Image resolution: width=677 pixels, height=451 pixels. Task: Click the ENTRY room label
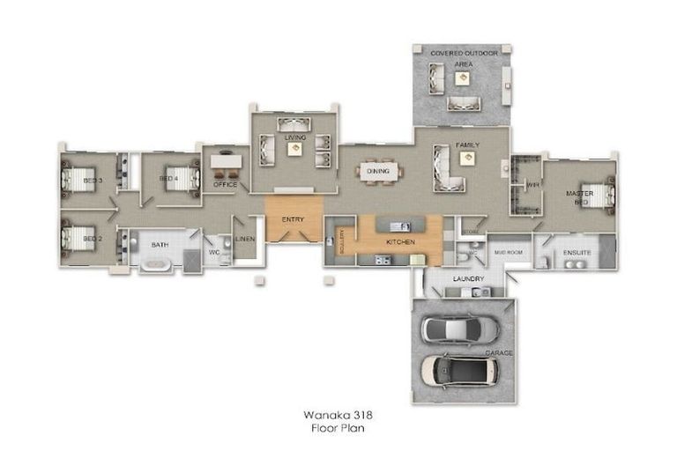[x=293, y=218]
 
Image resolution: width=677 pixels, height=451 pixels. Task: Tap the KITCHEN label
[x=399, y=240]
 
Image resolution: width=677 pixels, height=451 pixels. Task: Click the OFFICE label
[x=225, y=185]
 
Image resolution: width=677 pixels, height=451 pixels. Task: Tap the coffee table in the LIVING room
[x=294, y=149]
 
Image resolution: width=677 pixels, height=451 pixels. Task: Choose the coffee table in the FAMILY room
[x=465, y=158]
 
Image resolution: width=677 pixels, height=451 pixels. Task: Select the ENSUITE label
[x=577, y=253]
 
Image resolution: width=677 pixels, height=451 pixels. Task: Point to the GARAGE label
[x=502, y=352]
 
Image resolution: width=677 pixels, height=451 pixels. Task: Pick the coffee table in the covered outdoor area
[x=460, y=78]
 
